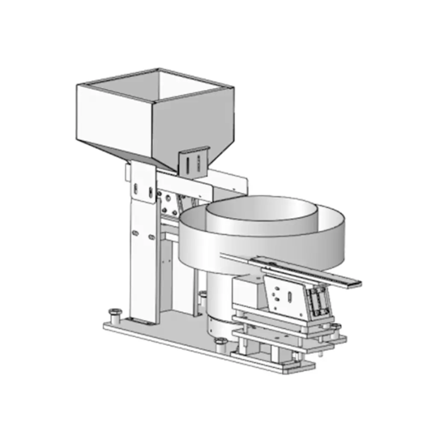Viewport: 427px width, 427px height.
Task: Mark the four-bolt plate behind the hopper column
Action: pos(170,203)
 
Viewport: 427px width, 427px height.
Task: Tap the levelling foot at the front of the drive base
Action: pos(219,342)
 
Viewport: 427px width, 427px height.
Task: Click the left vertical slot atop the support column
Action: pos(137,188)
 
